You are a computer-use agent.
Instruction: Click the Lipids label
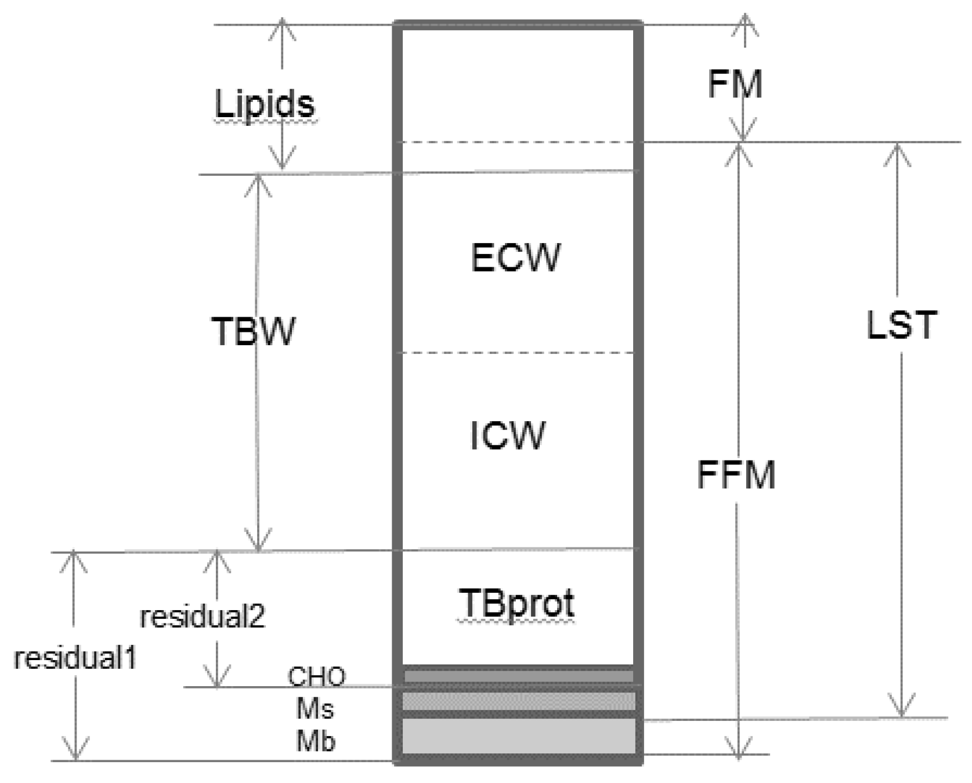(265, 105)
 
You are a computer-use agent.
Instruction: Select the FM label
(735, 85)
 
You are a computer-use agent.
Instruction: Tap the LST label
(902, 325)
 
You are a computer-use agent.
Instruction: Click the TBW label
(253, 332)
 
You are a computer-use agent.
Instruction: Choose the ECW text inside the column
(516, 258)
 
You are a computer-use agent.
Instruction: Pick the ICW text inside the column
(508, 436)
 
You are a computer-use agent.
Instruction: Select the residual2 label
(203, 617)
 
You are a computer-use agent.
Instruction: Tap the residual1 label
(75, 659)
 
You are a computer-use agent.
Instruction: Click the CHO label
(317, 676)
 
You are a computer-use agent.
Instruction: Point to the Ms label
(316, 708)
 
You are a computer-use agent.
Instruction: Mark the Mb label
(316, 741)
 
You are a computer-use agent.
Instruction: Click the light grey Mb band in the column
(518, 737)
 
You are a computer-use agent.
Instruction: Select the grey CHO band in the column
(518, 676)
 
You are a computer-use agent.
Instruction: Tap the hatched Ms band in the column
(518, 701)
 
